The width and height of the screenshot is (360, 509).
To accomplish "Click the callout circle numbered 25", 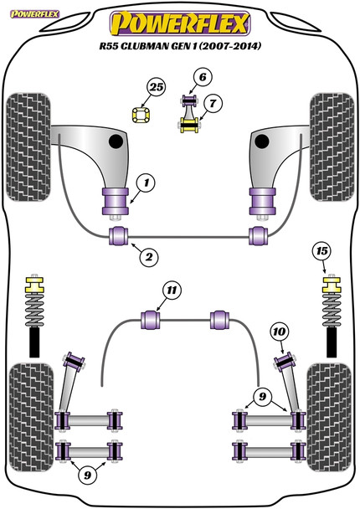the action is [157, 87].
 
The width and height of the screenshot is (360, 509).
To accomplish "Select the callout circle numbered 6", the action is [203, 77].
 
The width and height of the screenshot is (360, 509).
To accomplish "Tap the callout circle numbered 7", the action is [213, 104].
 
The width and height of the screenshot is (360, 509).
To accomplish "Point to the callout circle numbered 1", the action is [146, 183].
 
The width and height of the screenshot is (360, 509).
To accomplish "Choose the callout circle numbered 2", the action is [149, 257].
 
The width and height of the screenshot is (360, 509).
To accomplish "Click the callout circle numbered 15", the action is [322, 251].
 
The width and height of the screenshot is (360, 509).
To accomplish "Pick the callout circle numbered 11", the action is [172, 290].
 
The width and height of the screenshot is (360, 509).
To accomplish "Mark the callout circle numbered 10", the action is [279, 332].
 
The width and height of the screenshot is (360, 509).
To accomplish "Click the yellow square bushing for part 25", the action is [141, 115].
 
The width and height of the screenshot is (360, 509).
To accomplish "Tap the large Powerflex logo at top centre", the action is [180, 23].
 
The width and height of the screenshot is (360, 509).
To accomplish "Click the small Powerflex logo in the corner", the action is [34, 14].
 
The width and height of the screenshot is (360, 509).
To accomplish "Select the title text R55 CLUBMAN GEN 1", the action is [148, 46].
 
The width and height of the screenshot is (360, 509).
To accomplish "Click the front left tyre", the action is [28, 147].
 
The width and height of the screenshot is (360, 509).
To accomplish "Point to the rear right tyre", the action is [330, 418].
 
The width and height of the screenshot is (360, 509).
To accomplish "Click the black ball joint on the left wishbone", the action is [116, 141].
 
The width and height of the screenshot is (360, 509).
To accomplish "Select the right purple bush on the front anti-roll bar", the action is [259, 236].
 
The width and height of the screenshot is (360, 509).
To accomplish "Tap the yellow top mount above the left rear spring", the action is [34, 285].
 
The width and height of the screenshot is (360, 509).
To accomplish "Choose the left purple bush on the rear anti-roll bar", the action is [151, 320].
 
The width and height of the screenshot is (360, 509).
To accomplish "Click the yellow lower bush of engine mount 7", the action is [189, 126].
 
